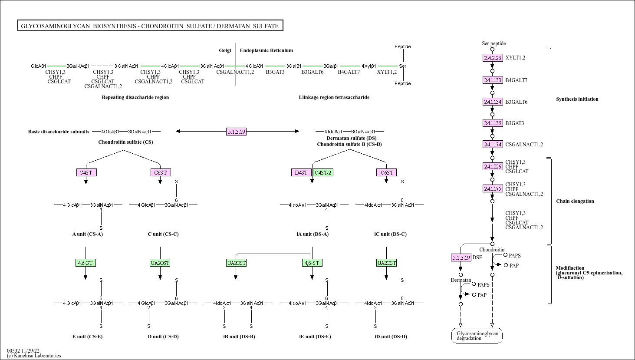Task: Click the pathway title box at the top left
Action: (150, 26)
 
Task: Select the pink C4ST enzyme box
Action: (86, 172)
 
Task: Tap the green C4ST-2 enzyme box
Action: (323, 172)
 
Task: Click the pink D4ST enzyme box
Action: (301, 172)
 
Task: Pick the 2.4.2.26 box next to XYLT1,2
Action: (493, 58)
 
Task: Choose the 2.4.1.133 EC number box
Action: (493, 80)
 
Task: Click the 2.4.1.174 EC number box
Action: (493, 144)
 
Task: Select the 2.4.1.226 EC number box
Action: (493, 166)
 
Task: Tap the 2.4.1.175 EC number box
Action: (493, 188)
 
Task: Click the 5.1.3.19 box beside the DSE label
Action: (461, 258)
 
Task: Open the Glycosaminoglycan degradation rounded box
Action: (477, 336)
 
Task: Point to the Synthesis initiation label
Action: (577, 99)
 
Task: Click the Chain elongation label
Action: (575, 201)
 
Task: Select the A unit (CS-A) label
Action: (87, 234)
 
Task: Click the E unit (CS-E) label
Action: (87, 337)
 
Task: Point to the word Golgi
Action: (225, 50)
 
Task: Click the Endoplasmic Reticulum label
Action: (266, 50)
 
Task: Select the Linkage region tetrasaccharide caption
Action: (334, 97)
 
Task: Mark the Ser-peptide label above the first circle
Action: (494, 43)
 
